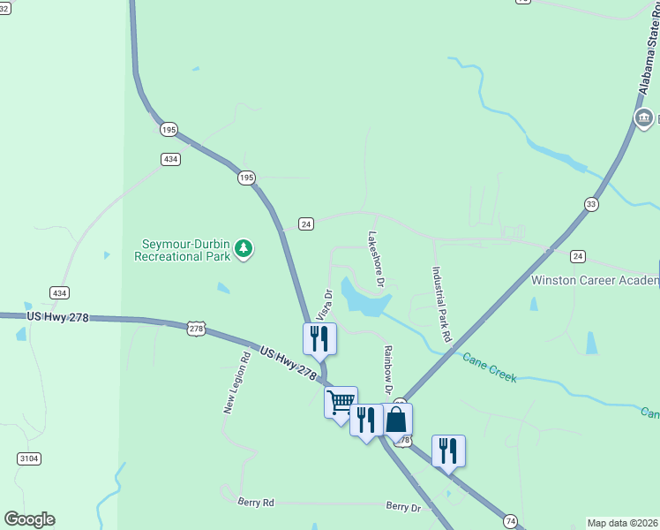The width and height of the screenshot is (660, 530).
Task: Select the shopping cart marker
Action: click(x=341, y=404)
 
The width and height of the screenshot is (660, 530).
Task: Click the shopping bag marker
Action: click(x=396, y=420)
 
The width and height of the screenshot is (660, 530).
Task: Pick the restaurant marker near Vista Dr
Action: click(x=319, y=338)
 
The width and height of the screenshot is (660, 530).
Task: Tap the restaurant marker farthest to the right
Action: click(x=448, y=451)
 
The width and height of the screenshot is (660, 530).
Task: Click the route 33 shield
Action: click(x=591, y=204)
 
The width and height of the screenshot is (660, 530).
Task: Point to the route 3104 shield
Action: click(x=27, y=458)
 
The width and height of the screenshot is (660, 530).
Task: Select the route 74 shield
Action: click(x=510, y=522)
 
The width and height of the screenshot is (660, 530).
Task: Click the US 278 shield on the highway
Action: click(x=196, y=328)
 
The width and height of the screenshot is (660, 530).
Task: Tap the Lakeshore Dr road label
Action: click(x=376, y=260)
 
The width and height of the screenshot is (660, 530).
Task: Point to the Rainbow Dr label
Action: click(x=386, y=370)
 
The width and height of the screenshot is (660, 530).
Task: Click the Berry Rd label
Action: click(x=256, y=502)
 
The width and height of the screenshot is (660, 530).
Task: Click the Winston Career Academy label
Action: click(x=595, y=280)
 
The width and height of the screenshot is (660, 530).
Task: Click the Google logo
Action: click(x=29, y=519)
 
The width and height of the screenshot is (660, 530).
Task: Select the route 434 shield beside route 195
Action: click(x=171, y=159)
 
